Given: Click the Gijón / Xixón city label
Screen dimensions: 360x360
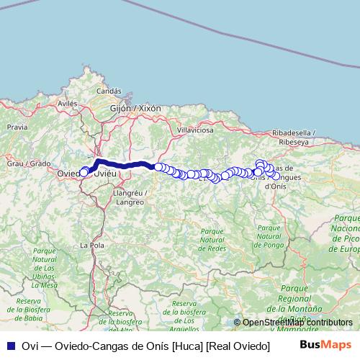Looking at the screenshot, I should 135,107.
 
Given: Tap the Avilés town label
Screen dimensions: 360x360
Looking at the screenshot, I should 67,104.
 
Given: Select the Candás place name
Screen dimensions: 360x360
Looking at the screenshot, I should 109,91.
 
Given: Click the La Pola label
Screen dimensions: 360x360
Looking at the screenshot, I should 89,246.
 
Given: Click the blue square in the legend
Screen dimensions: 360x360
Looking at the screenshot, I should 9,346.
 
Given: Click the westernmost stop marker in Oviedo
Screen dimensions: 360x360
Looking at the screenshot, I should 84,173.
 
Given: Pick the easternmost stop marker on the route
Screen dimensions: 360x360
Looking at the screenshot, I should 276,176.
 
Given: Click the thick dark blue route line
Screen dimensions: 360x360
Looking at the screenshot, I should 122,165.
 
